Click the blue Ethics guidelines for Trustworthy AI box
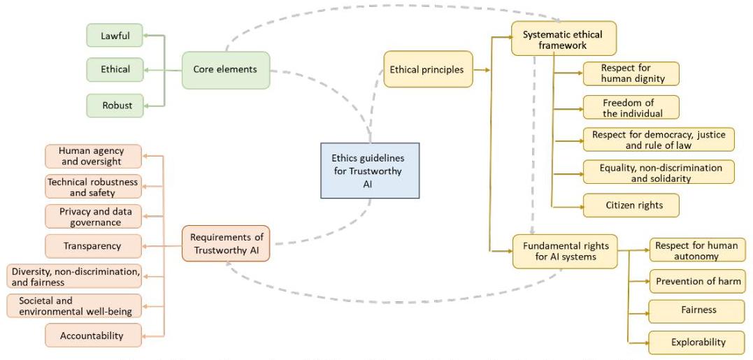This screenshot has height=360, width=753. (x=370, y=171)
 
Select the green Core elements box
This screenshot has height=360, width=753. (x=226, y=70)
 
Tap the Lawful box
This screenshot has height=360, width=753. (x=115, y=36)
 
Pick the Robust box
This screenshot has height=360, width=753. (x=115, y=106)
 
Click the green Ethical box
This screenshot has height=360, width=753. (x=115, y=70)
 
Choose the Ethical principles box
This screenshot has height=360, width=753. (x=428, y=70)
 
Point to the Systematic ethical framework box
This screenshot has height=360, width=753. (x=564, y=38)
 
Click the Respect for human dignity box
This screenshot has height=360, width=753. (x=631, y=74)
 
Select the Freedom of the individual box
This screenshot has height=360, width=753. (x=631, y=108)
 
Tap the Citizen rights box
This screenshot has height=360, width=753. (x=631, y=206)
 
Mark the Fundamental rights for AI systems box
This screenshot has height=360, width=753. (x=565, y=251)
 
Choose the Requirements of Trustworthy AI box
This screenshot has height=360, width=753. (x=226, y=243)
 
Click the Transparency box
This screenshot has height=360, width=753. (x=93, y=246)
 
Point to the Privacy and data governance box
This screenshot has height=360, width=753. (x=93, y=217)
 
